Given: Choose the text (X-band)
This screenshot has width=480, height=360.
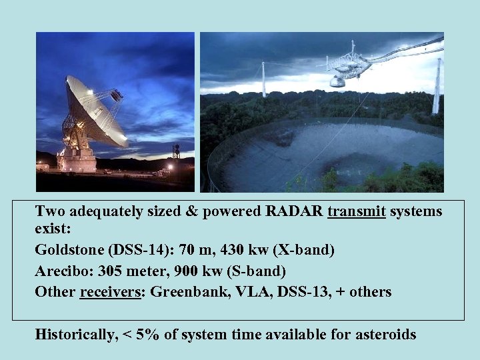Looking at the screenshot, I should (x=304, y=251).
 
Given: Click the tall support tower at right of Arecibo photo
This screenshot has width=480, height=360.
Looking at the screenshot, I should (x=437, y=87).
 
